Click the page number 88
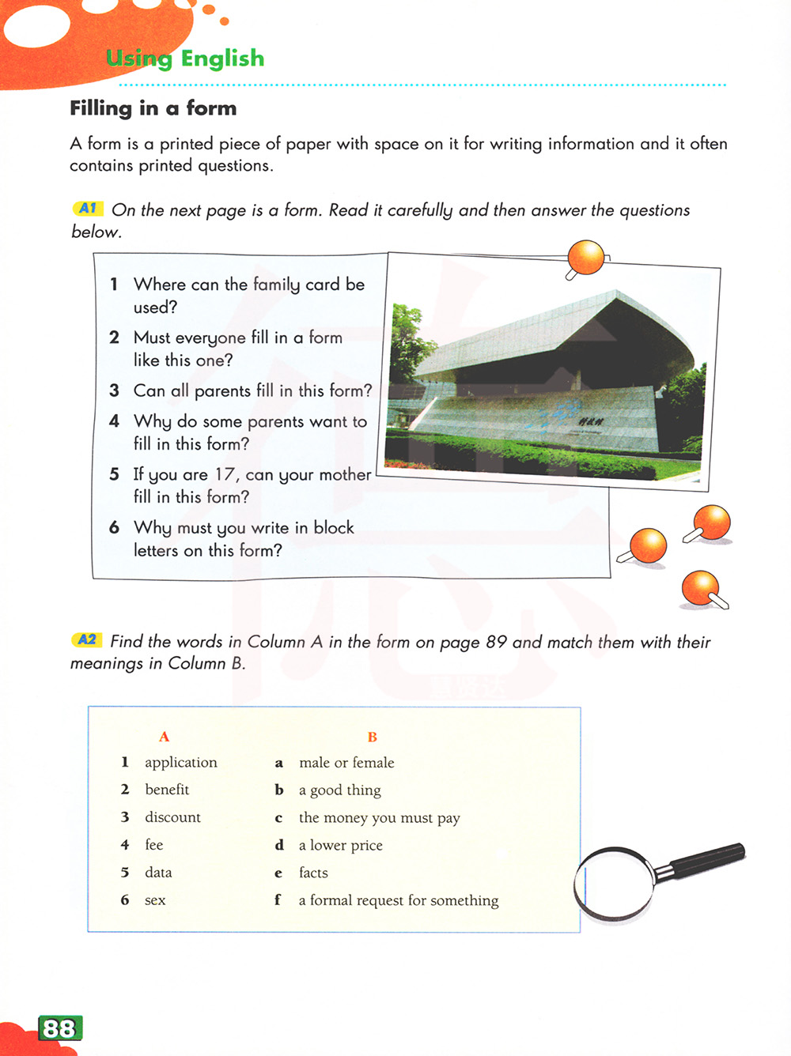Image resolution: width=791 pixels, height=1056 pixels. coord(59,1028)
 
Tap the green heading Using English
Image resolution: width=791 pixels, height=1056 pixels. coord(185,58)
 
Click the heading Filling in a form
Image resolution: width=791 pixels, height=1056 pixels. coord(153,108)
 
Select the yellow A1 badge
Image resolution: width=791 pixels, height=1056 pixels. coord(88,209)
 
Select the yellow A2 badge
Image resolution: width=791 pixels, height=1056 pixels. coord(87,640)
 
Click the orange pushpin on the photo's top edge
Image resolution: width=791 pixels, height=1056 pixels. coord(586,258)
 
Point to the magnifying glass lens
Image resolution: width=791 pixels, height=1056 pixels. coord(615,883)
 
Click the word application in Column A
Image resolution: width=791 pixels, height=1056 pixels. coord(180,763)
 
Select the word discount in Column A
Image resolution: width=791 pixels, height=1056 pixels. coord(172,817)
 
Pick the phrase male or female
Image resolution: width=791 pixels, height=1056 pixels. coord(346,763)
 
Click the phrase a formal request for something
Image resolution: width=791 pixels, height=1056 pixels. coord(399,900)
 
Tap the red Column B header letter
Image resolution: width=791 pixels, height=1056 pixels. coord(373,737)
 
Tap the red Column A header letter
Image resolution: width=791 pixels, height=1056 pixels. coord(165,737)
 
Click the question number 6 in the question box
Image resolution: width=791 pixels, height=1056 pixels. coord(115,528)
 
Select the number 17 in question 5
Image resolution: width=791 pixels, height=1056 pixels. coord(225,475)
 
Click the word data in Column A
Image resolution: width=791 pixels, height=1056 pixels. coord(158,873)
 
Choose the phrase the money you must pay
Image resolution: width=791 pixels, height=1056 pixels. coord(379,818)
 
